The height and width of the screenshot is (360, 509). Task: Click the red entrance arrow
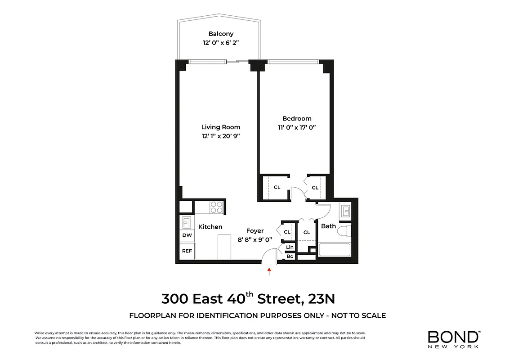coord(269,271)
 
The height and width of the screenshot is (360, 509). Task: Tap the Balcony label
coord(221,34)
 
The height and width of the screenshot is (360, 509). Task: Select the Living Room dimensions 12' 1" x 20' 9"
coord(221,135)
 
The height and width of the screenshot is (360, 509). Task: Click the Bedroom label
coord(297,118)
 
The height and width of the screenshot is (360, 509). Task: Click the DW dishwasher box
coord(187,235)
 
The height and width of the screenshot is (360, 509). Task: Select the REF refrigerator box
coord(187,251)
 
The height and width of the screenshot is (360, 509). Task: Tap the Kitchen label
coord(210,227)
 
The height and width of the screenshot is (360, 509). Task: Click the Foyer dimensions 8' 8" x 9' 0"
coord(255,240)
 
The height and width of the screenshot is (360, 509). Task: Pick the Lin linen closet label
coord(290,247)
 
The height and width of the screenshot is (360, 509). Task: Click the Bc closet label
coord(290,256)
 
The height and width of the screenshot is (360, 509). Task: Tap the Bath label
coord(328,226)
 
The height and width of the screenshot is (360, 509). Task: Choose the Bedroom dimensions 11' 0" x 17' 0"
coord(297,127)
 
